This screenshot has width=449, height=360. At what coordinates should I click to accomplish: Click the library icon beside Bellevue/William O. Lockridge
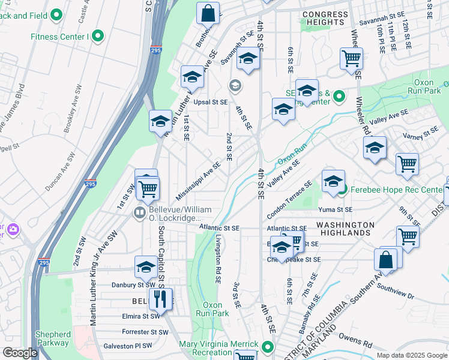coord(139,212)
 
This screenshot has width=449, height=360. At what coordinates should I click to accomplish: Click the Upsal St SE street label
coord(210,102)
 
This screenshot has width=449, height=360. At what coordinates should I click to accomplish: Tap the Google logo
coord(20,353)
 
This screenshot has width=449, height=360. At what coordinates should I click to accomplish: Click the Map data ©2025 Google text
coord(412,355)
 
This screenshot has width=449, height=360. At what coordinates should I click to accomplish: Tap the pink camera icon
coord(13,229)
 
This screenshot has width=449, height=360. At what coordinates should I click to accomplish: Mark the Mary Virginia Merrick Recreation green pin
coord(267,347)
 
